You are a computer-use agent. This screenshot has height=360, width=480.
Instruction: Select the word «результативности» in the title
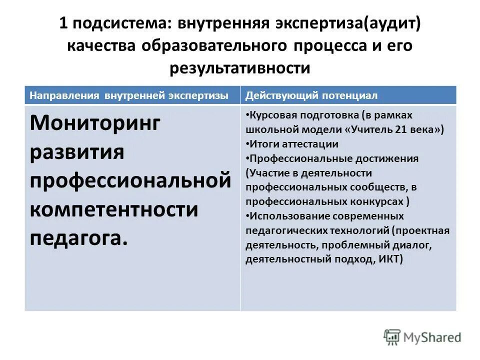tap(240, 67)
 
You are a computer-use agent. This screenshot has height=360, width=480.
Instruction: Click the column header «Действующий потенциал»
tap(311, 95)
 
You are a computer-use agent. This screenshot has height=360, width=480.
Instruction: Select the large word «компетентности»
tap(114, 209)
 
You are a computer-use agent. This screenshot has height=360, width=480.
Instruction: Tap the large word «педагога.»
tap(79, 238)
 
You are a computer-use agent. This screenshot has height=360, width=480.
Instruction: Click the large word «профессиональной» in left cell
tap(130, 180)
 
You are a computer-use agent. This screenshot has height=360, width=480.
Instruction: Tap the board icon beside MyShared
tap(392, 337)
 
